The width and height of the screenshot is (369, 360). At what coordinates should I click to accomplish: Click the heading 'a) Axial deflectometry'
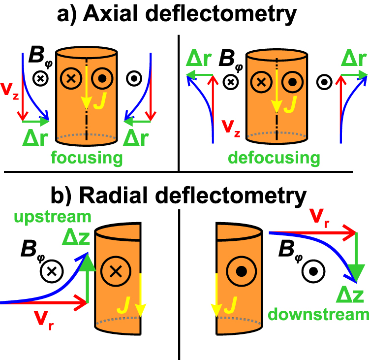pos(184,15)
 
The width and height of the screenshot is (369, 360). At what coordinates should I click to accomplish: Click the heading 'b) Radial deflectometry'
pos(184,196)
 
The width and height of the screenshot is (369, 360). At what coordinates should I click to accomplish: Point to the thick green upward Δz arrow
pos(87,276)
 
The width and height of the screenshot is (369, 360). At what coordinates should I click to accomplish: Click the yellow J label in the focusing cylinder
pos(100,103)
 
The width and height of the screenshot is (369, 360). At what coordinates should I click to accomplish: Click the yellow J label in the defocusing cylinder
pos(291,103)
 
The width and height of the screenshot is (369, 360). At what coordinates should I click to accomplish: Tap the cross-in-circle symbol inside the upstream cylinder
pos(115,270)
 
